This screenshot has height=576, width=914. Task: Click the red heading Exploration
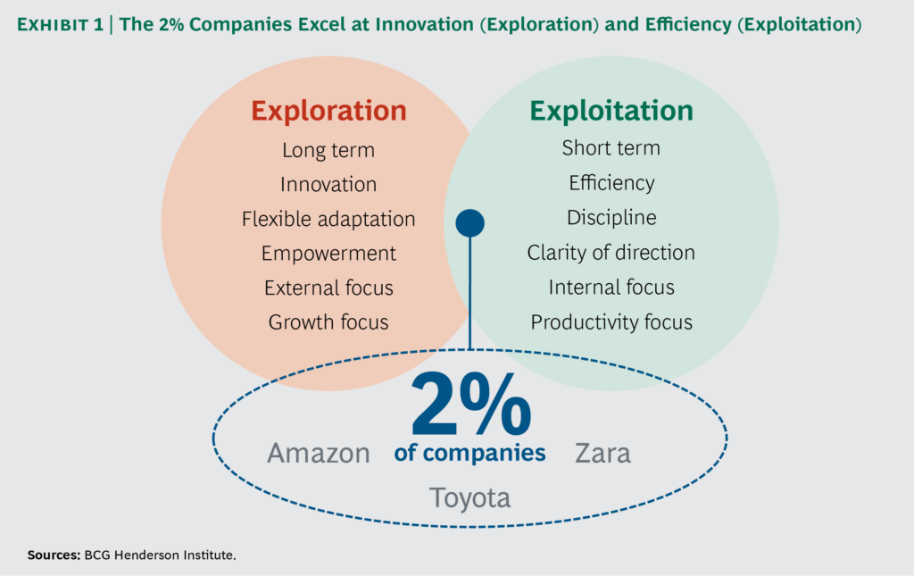click(328, 111)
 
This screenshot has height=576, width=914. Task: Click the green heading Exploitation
click(611, 111)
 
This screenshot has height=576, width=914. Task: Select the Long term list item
click(328, 150)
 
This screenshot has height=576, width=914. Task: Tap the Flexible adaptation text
click(328, 219)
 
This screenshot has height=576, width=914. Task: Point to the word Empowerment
click(328, 254)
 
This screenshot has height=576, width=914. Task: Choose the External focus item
click(328, 288)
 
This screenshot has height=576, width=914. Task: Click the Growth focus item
click(328, 322)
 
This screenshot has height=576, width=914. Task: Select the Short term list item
click(611, 148)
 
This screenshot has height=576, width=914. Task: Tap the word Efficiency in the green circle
click(611, 183)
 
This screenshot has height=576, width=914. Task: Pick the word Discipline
click(611, 218)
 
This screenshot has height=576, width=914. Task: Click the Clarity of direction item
click(611, 253)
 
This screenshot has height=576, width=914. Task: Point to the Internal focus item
click(611, 288)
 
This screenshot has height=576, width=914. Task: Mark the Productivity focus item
click(611, 322)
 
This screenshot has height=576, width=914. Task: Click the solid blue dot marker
click(469, 223)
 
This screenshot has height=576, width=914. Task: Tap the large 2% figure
click(471, 404)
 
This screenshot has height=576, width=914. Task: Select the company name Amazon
click(319, 454)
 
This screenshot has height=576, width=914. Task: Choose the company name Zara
click(602, 454)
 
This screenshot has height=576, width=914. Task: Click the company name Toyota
click(469, 498)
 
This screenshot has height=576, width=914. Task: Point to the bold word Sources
click(54, 555)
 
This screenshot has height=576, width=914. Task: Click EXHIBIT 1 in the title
click(60, 24)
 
